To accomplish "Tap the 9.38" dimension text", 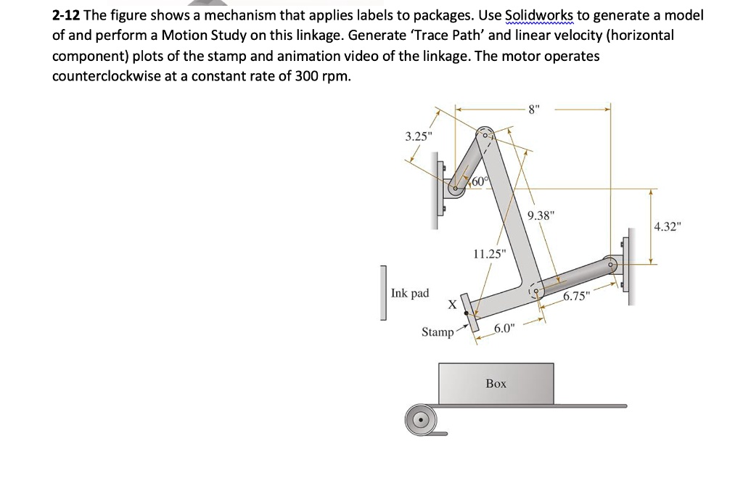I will pyautogui.click(x=541, y=215).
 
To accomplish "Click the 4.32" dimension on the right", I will pyautogui.click(x=668, y=227).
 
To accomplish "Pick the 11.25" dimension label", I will pyautogui.click(x=487, y=254).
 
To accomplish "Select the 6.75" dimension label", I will pyautogui.click(x=578, y=296).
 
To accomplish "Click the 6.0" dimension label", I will pyautogui.click(x=504, y=329).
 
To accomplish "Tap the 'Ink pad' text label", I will pyautogui.click(x=410, y=293).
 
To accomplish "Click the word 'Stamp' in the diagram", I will pyautogui.click(x=438, y=332).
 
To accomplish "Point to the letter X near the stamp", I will pyautogui.click(x=452, y=305).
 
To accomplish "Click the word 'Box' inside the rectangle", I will pyautogui.click(x=496, y=383).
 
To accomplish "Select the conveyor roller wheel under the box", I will pyautogui.click(x=419, y=419).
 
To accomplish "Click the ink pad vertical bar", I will pyautogui.click(x=382, y=293).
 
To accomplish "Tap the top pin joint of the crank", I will pyautogui.click(x=484, y=135).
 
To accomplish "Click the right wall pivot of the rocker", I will pyautogui.click(x=612, y=265).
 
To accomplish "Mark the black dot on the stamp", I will pyautogui.click(x=466, y=313).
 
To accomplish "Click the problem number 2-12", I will pyautogui.click(x=66, y=15).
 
